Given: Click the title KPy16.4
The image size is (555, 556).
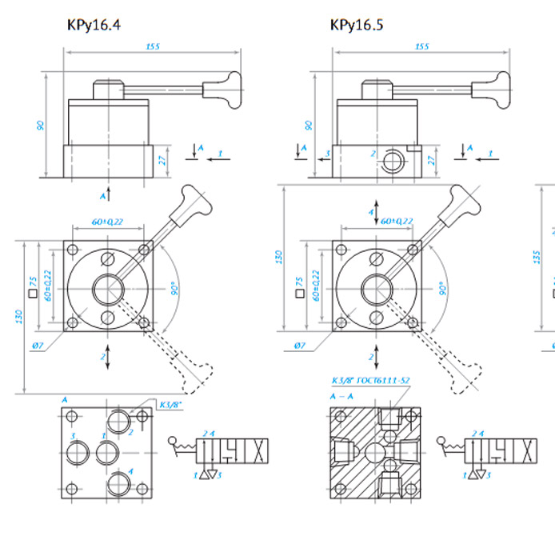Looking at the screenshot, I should point(94,25).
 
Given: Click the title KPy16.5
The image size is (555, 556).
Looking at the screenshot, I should point(357,25).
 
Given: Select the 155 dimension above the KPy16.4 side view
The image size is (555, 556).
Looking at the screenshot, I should point(153,46).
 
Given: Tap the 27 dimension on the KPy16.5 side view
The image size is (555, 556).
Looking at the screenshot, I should point(431,158).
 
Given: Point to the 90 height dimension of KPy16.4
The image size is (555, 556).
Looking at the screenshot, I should point(39,126).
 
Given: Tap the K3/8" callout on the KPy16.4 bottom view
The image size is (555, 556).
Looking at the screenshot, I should point(171,405).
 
